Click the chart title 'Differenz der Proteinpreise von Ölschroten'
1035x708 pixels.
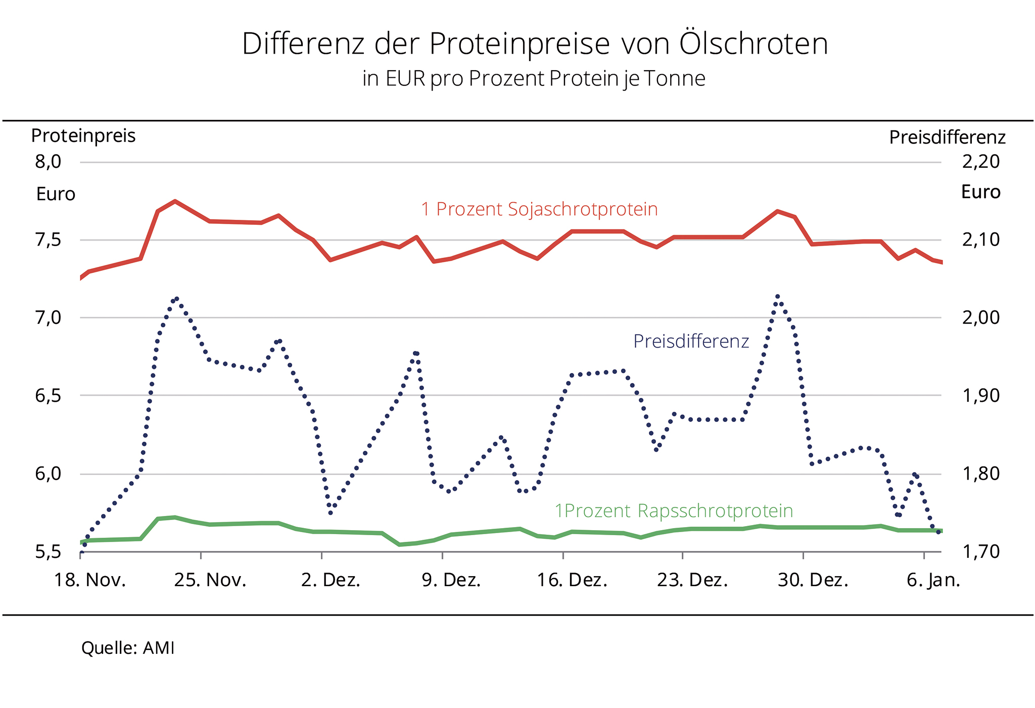535,43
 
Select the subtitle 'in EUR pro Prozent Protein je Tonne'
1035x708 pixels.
534,78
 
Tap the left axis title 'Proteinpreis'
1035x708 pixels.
83,135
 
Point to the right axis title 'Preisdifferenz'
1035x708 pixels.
947,137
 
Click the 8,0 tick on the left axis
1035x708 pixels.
48,162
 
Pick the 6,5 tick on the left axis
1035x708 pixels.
48,396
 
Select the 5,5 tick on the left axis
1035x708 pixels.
48,552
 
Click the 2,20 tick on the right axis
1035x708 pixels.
981,162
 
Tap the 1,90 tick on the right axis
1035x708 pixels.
981,396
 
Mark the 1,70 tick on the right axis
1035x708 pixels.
981,552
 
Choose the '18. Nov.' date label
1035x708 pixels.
90,580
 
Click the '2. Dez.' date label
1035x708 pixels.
331,580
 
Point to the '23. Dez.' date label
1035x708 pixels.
692,580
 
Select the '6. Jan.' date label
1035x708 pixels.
933,580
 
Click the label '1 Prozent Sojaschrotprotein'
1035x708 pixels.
539,209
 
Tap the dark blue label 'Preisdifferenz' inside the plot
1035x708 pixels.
691,342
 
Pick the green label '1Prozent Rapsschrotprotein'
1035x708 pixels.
674,511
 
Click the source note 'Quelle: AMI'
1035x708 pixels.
128,648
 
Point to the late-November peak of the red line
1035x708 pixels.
174,201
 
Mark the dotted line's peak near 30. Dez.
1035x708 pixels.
778,297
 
